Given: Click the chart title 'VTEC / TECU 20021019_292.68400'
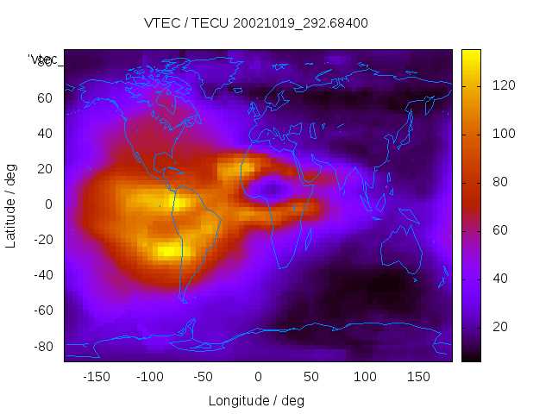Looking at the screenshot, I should pos(256,23).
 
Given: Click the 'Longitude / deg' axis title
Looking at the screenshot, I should pos(256,400).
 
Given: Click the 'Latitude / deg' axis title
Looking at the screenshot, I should pos(11,205).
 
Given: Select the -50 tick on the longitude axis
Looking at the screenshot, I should pos(204,377).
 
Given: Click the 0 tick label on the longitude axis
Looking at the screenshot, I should pos(258,377).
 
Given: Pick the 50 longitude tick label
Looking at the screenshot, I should pos(311,377).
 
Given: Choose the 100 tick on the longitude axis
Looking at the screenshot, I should pos(365,377).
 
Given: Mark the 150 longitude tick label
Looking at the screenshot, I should pos(419,377).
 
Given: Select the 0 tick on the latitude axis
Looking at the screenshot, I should pos(49,204).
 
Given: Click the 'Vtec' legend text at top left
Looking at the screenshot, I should pos(43,60).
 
